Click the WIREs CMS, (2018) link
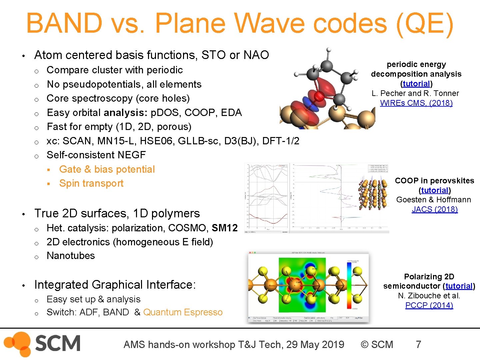416,103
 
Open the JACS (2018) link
434,209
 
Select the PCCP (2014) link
429,305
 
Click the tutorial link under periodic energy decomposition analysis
416,84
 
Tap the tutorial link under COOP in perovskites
435,190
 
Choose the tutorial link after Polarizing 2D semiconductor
459,286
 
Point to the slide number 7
418,344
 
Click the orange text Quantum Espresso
183,312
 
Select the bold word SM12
224,228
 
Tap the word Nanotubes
71,256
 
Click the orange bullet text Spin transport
91,183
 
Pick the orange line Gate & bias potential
107,169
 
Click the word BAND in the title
64,23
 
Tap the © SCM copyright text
377,344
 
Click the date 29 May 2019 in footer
315,344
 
